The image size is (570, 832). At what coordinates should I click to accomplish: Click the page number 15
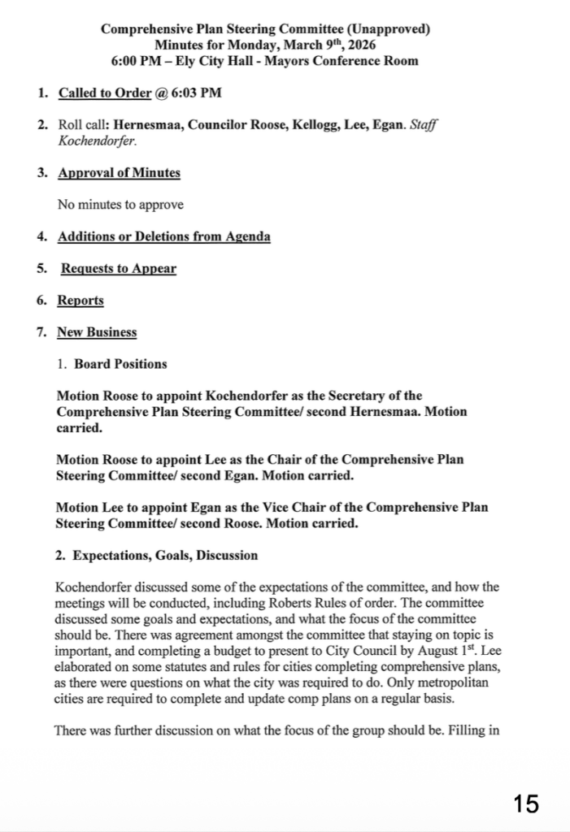click(x=526, y=804)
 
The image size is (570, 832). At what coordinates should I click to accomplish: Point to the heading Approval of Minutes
click(x=119, y=172)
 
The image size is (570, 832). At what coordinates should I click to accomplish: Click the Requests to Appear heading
click(x=119, y=268)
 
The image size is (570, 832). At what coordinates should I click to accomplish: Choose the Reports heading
click(x=80, y=300)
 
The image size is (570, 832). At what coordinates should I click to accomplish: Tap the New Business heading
click(x=97, y=331)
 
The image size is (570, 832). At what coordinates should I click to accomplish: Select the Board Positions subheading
click(x=120, y=363)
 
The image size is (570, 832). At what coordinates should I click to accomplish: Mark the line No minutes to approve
click(x=120, y=205)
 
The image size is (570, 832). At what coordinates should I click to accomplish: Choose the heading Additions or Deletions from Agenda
click(x=163, y=236)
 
